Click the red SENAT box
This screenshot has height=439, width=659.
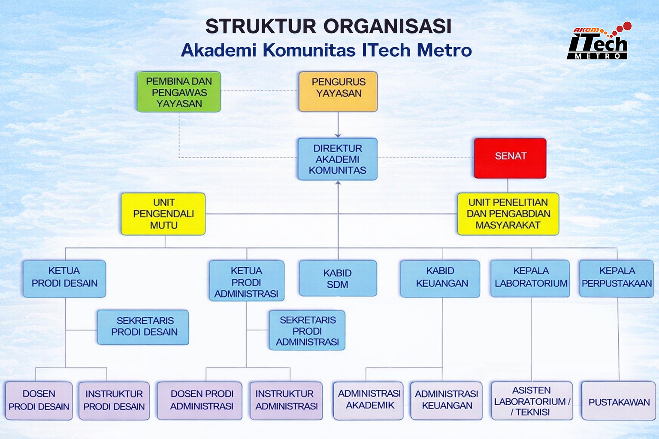[510, 158]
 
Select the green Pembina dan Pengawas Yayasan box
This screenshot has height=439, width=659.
[179, 92]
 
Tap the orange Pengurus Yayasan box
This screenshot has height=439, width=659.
[338, 91]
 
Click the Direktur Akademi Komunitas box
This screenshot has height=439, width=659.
[337, 159]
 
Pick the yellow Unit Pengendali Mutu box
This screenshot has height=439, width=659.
[163, 214]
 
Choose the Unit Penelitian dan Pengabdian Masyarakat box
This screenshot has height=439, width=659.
[508, 214]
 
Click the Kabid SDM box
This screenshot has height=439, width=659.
[338, 278]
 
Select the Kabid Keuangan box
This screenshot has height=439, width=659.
[440, 278]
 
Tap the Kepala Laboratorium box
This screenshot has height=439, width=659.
[530, 278]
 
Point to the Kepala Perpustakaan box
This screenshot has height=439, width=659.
[617, 278]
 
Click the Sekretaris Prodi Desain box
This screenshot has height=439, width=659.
[143, 327]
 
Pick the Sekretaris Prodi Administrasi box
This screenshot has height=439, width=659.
[307, 331]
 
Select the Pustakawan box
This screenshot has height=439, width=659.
[619, 401]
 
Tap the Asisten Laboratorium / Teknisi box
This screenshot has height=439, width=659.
[532, 401]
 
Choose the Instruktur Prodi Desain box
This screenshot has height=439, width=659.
[114, 401]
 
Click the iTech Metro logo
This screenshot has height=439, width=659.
[599, 42]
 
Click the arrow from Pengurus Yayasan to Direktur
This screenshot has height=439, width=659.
[338, 125]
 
